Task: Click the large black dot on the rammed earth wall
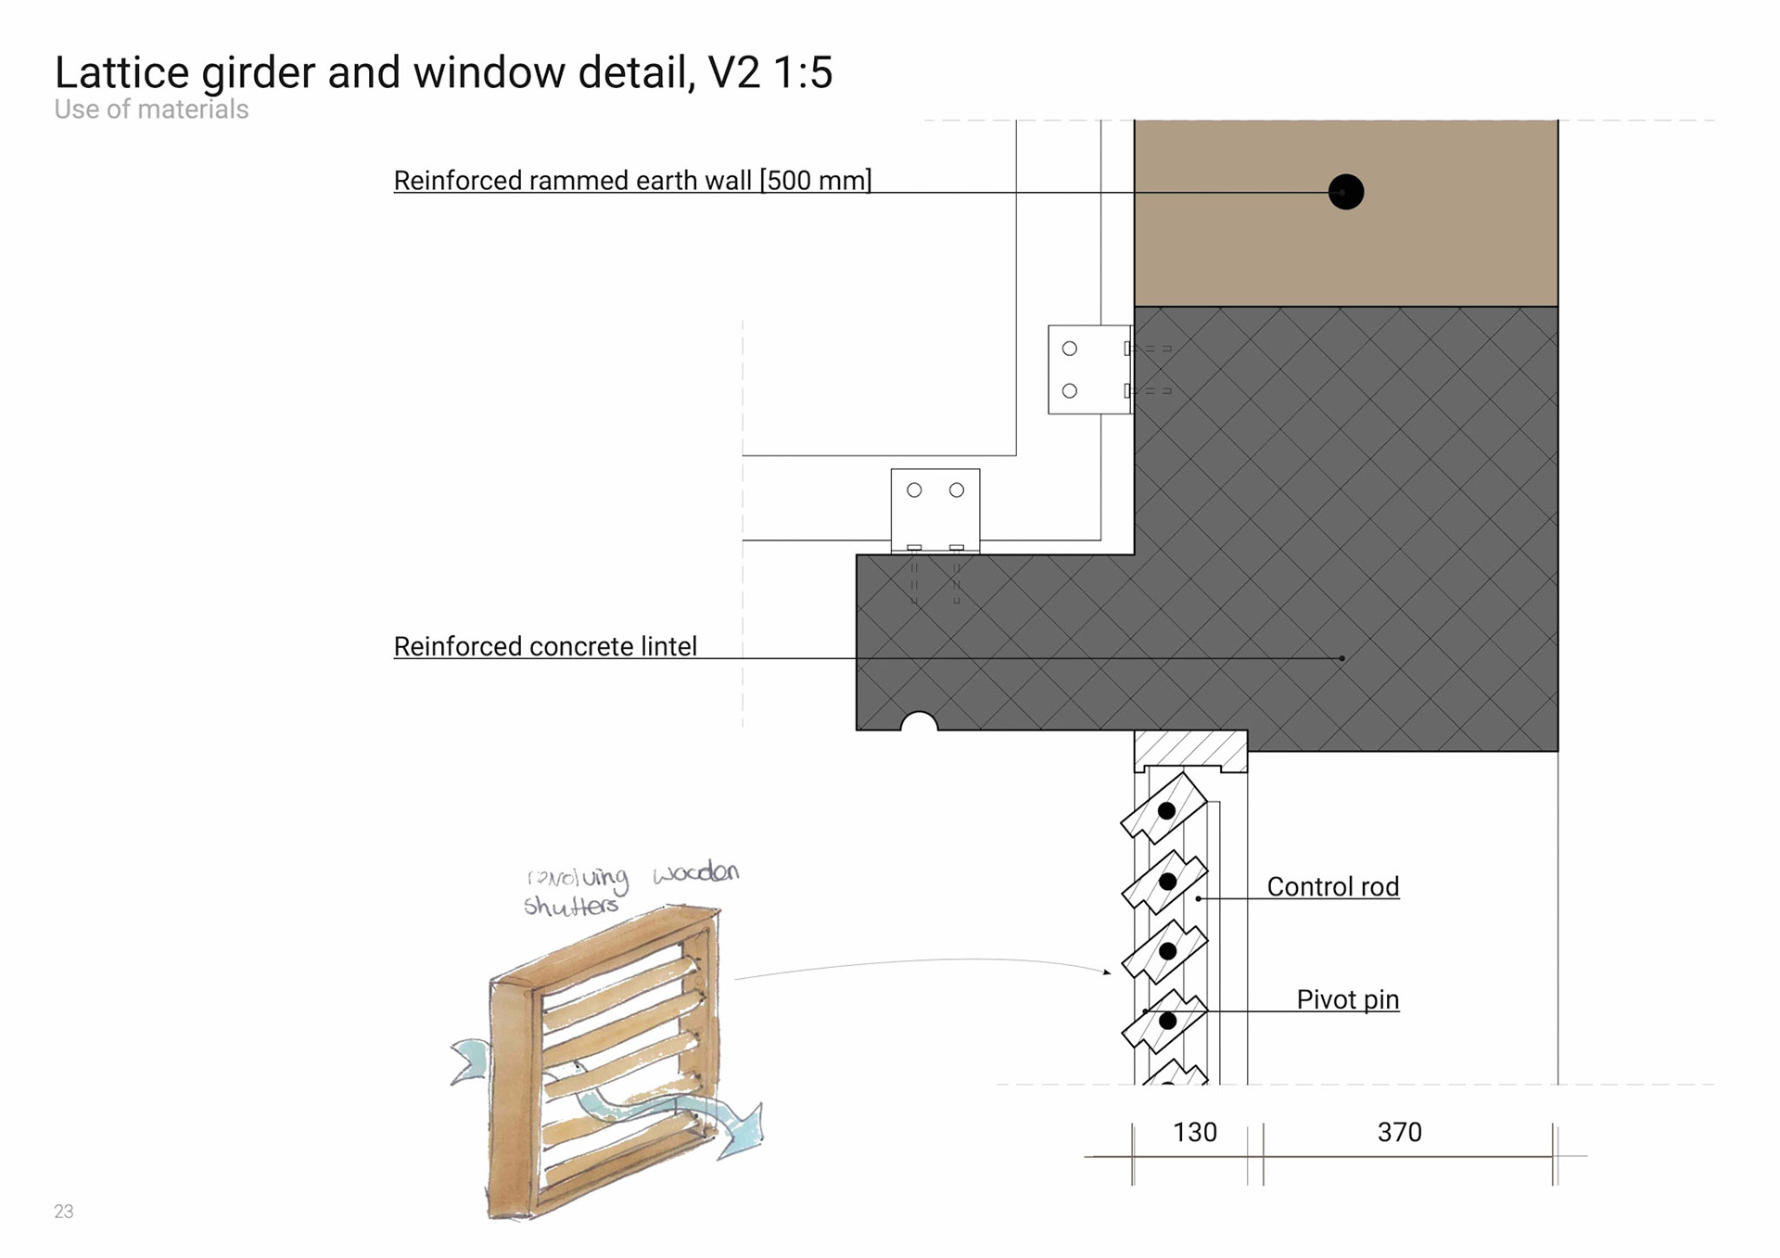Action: pyautogui.click(x=1345, y=192)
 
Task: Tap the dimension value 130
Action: pyautogui.click(x=1194, y=1132)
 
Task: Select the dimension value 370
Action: pyautogui.click(x=1399, y=1132)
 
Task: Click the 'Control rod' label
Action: pyautogui.click(x=1332, y=887)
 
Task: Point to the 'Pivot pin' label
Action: pyautogui.click(x=1347, y=999)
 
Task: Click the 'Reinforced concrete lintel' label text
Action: pyautogui.click(x=545, y=646)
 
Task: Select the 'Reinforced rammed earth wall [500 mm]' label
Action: pyautogui.click(x=632, y=180)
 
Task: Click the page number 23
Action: pyautogui.click(x=63, y=1211)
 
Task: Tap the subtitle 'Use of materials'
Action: pyautogui.click(x=151, y=109)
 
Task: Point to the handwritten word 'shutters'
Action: pyautogui.click(x=570, y=906)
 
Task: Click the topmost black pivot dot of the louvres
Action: pyautogui.click(x=1167, y=811)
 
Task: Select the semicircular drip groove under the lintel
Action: pyautogui.click(x=920, y=722)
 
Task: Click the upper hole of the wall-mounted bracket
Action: pyautogui.click(x=1070, y=349)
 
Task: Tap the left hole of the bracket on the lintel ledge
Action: pyautogui.click(x=914, y=489)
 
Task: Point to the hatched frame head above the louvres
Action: pyautogui.click(x=1190, y=749)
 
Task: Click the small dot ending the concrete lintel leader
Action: pyautogui.click(x=1341, y=658)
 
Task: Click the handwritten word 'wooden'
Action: pyautogui.click(x=695, y=872)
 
